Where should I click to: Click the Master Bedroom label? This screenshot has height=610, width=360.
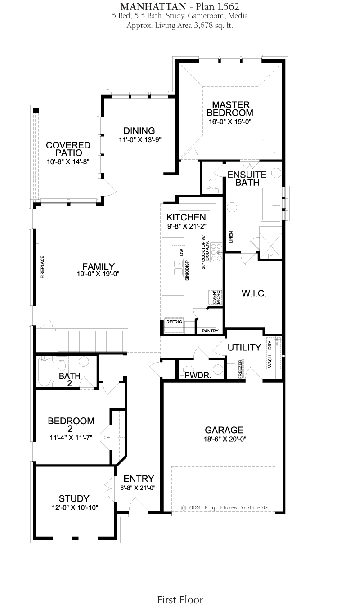point(230,109)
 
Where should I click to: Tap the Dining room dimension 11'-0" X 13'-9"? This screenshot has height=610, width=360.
point(140,140)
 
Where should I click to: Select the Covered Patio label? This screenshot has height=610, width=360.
point(68,149)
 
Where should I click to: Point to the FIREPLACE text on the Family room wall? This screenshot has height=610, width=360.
point(42,267)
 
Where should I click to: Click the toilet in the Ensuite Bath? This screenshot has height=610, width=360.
point(212,185)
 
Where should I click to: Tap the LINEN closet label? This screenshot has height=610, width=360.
point(231,237)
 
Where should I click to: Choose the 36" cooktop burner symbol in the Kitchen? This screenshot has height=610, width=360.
point(217,252)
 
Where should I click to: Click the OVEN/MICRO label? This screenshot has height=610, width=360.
point(216,297)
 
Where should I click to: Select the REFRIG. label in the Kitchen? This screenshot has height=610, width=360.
point(175,322)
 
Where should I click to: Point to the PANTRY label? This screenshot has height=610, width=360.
point(210,331)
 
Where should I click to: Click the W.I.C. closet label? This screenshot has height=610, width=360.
point(254,293)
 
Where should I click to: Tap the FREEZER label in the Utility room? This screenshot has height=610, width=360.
point(240,369)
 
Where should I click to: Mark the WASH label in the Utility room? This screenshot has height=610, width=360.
point(270,361)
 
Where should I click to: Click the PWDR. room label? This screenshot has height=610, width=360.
point(198,376)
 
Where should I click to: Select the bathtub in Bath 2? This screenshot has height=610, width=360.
point(45,372)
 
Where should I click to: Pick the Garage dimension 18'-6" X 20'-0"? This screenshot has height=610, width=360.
point(225,439)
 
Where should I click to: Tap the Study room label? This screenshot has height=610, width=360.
point(74,498)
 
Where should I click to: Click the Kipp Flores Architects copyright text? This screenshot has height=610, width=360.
point(225,507)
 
